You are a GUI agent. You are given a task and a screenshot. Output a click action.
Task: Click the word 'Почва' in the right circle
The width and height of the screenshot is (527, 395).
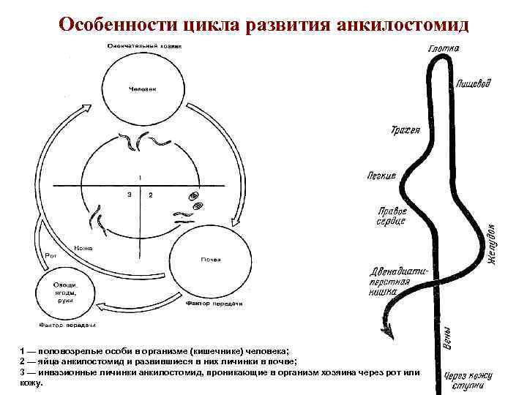pos(209,260)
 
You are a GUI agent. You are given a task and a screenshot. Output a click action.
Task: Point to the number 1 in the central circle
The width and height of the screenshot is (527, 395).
pos(139,178)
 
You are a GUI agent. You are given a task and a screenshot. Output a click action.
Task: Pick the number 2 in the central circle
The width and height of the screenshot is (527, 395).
pos(150,195)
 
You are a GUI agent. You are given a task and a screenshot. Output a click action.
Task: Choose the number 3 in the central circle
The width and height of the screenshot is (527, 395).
pos(128,195)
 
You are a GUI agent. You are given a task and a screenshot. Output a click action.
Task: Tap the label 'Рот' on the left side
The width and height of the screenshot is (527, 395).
pos(51,255)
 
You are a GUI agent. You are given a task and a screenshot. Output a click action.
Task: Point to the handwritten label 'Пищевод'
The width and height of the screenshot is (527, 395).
pos(473,83)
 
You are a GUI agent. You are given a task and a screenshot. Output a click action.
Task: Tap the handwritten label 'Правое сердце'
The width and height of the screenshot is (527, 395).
pos(392,217)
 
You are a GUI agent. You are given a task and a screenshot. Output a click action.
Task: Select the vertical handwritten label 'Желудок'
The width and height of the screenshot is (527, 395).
pos(493,245)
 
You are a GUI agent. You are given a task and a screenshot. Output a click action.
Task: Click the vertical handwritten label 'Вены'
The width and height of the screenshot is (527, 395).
pos(447,339)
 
